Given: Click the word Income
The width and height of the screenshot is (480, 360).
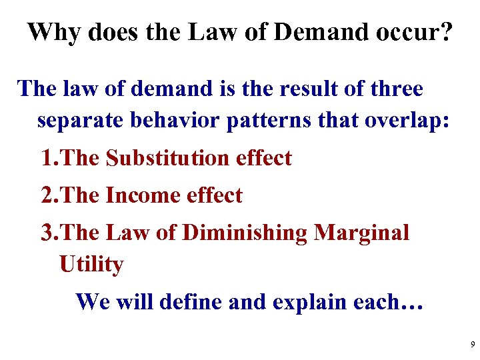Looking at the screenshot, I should tap(138, 195).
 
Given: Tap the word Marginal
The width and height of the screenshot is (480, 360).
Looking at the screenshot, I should tap(361, 233).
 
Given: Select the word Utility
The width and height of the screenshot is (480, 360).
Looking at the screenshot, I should tap(91, 265).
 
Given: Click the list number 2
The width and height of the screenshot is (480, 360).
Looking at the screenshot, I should tap(48, 195).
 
